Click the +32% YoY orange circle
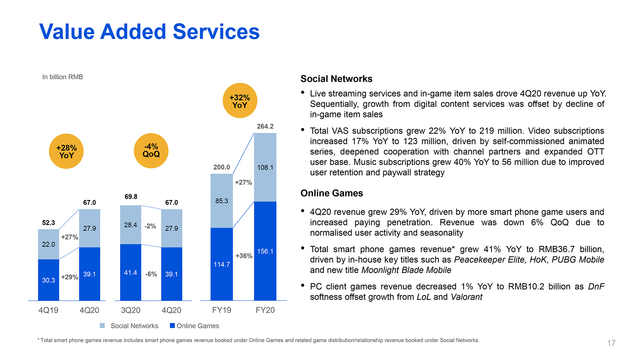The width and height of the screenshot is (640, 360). (240, 101)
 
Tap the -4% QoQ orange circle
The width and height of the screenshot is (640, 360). (151, 151)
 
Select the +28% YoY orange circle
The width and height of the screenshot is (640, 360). (66, 151)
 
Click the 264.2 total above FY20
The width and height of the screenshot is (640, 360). (265, 126)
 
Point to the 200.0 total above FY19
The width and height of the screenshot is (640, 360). (221, 167)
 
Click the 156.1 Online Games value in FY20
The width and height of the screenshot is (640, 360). (265, 251)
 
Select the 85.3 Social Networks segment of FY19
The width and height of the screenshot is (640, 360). (221, 201)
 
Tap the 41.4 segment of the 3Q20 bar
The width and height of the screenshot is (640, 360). (131, 273)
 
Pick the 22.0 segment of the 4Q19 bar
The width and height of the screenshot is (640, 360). (48, 244)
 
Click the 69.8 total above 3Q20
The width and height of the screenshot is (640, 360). (131, 196)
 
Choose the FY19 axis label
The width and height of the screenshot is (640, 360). (221, 310)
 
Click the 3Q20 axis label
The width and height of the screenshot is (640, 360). (131, 310)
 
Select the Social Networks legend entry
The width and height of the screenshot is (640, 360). (134, 326)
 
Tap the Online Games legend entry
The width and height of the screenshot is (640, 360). (197, 326)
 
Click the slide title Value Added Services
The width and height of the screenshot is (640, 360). (149, 32)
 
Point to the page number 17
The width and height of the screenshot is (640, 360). (611, 343)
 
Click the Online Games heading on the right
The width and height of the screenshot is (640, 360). (332, 193)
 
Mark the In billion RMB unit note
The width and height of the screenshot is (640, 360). (63, 77)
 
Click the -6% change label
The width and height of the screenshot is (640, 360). (151, 274)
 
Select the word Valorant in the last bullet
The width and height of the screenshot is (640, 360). (466, 297)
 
